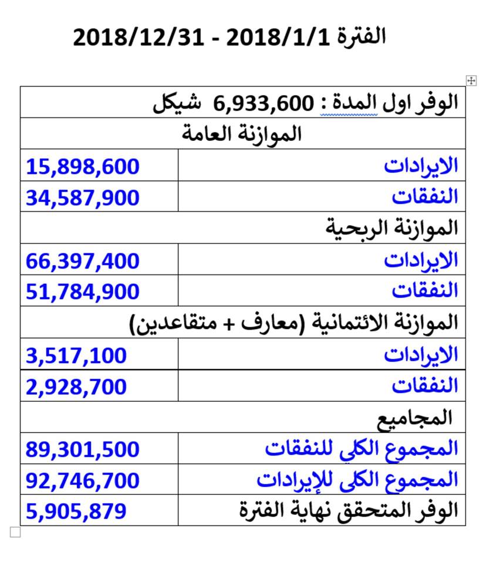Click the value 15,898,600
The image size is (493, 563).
coord(83,166)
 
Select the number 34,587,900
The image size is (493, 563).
coord(83,197)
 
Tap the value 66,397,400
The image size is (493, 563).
coord(83,260)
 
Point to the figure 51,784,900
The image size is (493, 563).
coord(83,291)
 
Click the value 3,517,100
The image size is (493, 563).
coord(76,355)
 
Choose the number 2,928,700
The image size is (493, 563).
coord(76,386)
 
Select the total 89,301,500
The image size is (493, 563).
coord(83,449)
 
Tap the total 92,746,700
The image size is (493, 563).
coord(83,480)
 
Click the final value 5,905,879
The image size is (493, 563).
coord(76,511)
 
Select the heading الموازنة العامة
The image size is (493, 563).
coord(242,134)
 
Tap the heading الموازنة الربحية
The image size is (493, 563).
coord(391,229)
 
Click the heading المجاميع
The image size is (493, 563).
coord(414,417)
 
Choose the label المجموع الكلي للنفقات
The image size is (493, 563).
coord(361,449)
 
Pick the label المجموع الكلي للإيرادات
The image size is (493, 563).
coord(357,480)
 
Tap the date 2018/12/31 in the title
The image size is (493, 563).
coord(139,38)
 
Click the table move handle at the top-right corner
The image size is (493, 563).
coord(471,80)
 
